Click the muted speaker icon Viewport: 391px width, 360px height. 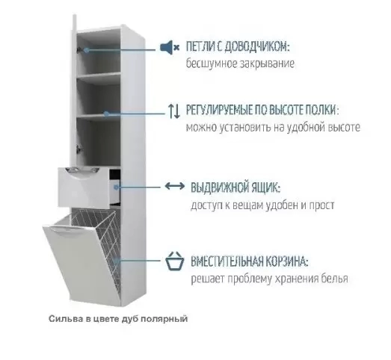click(x=170, y=47)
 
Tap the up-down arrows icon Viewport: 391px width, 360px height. click(x=174, y=111)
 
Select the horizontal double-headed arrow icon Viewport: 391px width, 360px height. click(x=175, y=186)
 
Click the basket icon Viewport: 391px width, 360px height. click(x=175, y=261)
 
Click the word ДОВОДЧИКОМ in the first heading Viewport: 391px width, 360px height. click(x=256, y=47)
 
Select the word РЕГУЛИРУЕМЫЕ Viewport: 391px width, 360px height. click(x=219, y=110)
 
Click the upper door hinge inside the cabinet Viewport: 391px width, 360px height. click(x=80, y=49)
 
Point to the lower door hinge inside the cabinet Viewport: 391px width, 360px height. click(x=79, y=149)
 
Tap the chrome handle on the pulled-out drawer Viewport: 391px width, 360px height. click(x=81, y=171)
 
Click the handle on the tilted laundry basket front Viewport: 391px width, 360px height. click(x=63, y=230)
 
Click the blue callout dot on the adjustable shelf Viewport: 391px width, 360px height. click(x=106, y=114)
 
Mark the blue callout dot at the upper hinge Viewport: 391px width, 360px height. click(x=87, y=50)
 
